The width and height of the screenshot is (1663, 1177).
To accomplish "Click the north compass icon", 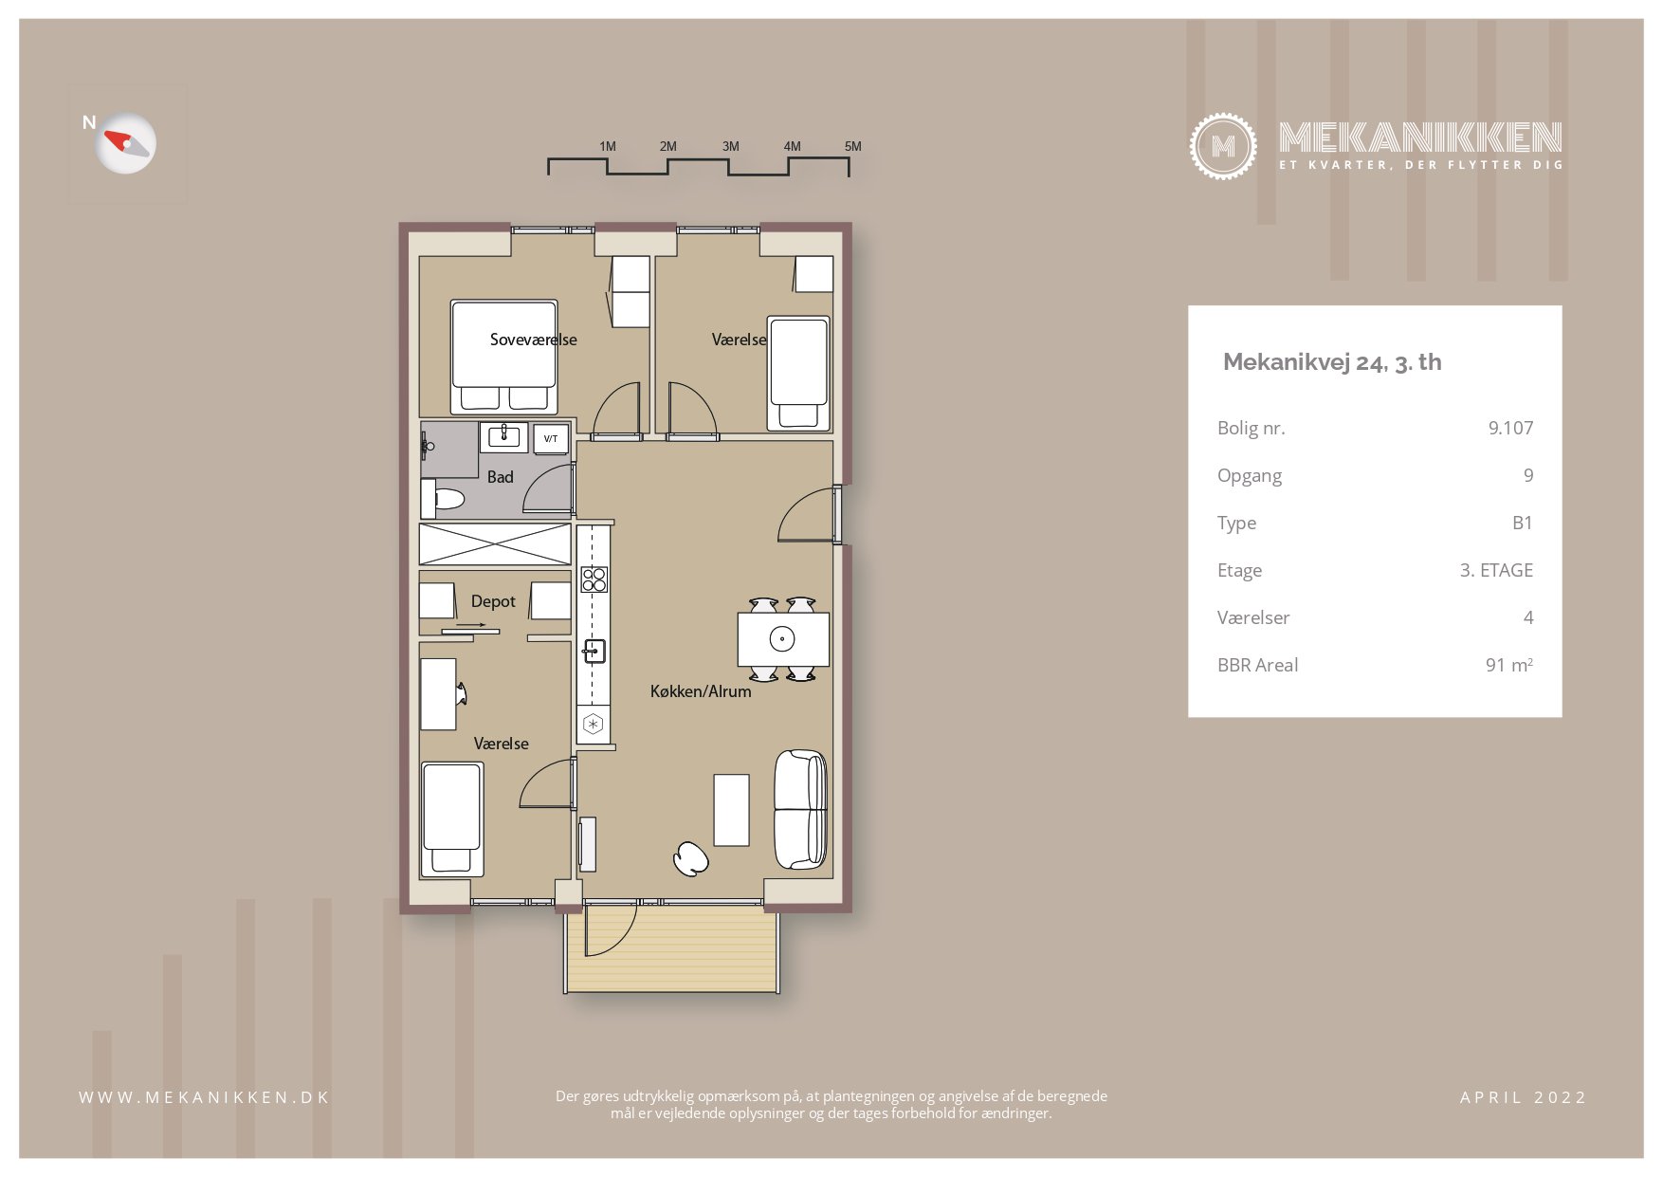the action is click(126, 143).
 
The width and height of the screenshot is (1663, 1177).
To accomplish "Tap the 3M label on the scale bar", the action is click(730, 146).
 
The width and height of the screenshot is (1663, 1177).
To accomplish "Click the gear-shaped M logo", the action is click(1223, 146).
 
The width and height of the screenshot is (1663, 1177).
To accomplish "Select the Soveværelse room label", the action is click(533, 340).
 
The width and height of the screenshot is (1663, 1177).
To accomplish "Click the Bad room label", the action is click(500, 477).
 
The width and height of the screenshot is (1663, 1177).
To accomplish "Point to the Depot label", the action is click(493, 601).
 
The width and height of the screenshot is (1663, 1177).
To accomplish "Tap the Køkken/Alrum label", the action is click(701, 691).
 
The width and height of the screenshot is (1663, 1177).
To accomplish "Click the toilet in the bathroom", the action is click(443, 498).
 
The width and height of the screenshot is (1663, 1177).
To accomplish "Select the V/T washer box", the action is click(551, 439).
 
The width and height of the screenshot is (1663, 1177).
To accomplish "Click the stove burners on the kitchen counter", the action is click(594, 579).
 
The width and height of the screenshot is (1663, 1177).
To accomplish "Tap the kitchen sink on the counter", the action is click(594, 651).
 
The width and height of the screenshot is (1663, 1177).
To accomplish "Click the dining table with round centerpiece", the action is click(783, 639).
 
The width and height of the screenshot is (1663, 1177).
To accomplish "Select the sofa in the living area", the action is click(800, 809).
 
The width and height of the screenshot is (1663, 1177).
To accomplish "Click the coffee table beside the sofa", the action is click(731, 810).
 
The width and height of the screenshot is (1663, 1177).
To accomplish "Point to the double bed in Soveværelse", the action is click(503, 356).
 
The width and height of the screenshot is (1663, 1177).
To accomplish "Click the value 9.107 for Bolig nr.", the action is click(1510, 428).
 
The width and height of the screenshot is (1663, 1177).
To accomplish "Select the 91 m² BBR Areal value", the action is click(1508, 665).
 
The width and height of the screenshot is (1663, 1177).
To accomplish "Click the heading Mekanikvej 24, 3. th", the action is click(1332, 362).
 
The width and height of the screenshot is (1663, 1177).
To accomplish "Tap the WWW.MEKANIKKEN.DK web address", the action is click(204, 1097).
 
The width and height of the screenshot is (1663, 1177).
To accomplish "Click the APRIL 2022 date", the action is click(1523, 1097).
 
